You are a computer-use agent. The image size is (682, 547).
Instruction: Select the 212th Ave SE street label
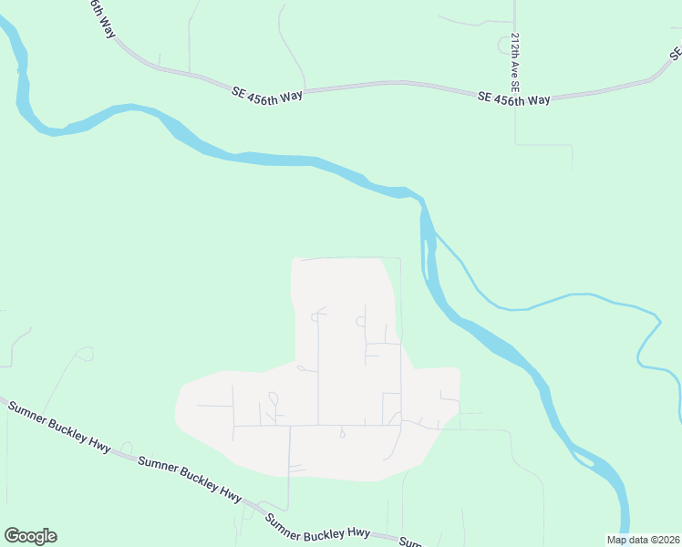515,63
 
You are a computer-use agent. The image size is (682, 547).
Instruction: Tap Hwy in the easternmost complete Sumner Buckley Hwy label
358,533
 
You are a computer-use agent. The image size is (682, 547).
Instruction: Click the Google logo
30,536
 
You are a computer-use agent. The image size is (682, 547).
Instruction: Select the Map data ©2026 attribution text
643,539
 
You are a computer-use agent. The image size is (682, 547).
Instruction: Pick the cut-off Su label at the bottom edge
411,542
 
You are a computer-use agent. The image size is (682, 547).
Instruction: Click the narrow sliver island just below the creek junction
427,246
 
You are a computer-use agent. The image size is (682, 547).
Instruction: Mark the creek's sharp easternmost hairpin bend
657,318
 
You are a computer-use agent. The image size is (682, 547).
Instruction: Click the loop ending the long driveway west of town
87,352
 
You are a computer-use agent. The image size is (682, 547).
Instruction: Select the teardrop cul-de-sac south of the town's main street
343,434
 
